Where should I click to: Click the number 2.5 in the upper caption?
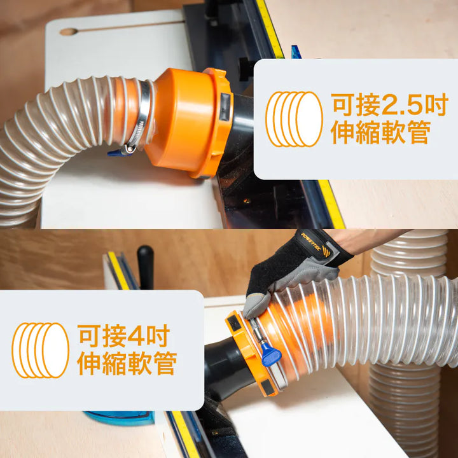402,104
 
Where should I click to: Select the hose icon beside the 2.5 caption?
294,119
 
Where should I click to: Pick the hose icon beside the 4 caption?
40,350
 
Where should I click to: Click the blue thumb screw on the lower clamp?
271,354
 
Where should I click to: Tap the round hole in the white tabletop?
69,32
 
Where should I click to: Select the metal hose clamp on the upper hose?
140,117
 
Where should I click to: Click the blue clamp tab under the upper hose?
117,153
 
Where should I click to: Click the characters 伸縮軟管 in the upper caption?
380,132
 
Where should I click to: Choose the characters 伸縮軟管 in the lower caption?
127,363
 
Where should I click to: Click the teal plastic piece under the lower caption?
119,418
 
